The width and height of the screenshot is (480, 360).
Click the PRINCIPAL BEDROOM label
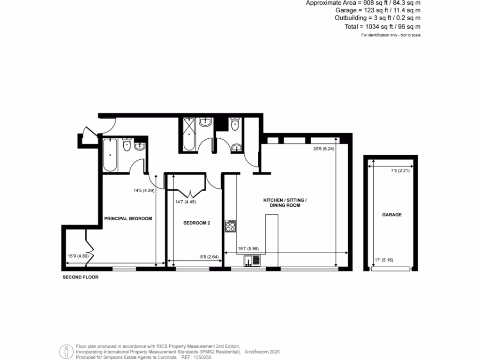click(128, 219)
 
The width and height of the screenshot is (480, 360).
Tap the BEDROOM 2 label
click(196, 223)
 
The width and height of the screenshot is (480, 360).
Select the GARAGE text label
click(392, 215)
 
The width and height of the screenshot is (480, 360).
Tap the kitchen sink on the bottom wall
click(252, 260)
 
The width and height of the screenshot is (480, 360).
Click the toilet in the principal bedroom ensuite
click(127, 146)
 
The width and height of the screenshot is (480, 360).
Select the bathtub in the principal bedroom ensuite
click(110, 155)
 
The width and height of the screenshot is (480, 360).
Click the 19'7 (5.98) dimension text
click(248, 249)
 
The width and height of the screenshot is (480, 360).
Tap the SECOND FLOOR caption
click(81, 277)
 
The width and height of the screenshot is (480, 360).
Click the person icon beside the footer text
click(67, 351)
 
